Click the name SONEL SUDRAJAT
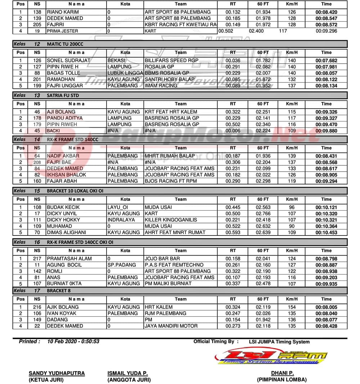pyautogui.click(x=68, y=60)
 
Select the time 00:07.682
pyautogui.click(x=326, y=61)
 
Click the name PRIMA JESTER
pyautogui.click(x=62, y=31)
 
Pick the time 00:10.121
pyautogui.click(x=326, y=207)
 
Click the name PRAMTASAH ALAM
pyautogui.click(x=69, y=259)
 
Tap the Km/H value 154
pyautogui.click(x=292, y=307)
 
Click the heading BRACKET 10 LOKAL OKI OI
pyautogui.click(x=75, y=191)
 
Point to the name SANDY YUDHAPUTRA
pyautogui.click(x=57, y=373)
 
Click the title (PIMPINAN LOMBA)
pyautogui.click(x=282, y=379)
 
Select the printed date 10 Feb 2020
pyautogui.click(x=61, y=342)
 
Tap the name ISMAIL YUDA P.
pyautogui.click(x=127, y=373)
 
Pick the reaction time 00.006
pyautogui.click(x=233, y=131)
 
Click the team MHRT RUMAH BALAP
pyautogui.click(x=170, y=156)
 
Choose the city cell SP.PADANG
pyautogui.click(x=122, y=265)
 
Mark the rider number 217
pyautogui.click(x=37, y=259)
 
